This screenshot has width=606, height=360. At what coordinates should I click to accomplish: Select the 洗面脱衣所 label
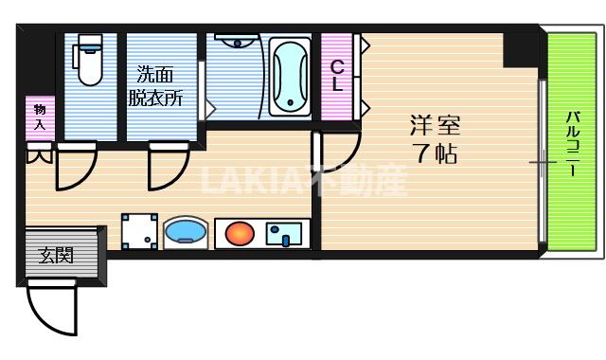point(155,84)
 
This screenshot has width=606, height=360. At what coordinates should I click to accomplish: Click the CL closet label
point(336,76)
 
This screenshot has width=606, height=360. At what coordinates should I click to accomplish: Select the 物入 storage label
point(40,116)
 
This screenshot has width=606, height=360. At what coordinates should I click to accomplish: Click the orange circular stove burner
point(240,232)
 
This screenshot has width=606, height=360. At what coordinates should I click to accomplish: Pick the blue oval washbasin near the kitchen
point(185,232)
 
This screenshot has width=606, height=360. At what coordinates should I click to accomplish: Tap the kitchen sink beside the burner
point(285,232)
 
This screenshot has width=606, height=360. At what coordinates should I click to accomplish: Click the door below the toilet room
point(74,166)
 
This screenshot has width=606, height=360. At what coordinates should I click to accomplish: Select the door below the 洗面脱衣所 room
point(165,166)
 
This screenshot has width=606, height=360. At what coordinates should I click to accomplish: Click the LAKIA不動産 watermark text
point(303,180)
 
